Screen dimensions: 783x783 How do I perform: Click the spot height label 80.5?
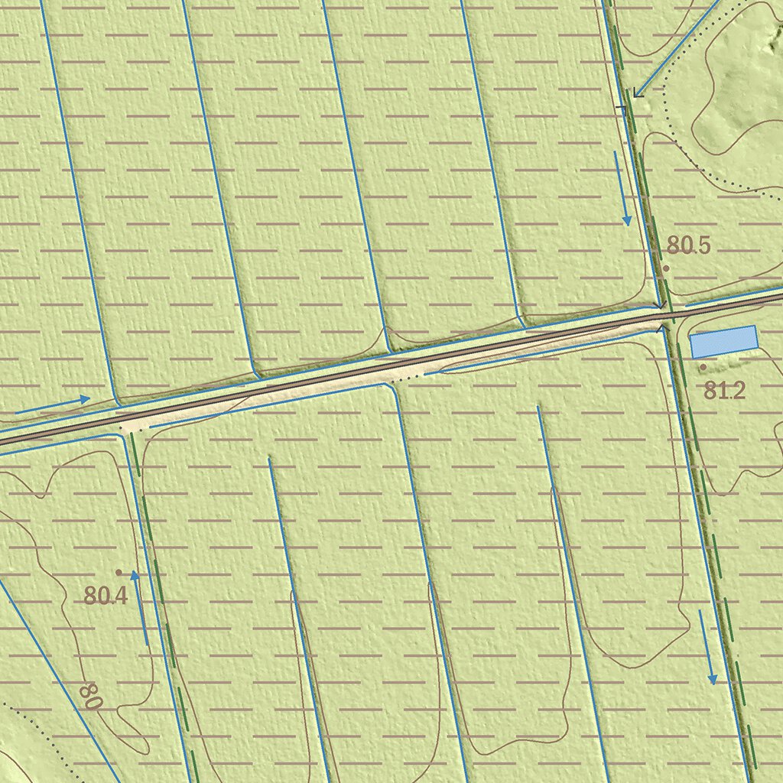pos(688,245)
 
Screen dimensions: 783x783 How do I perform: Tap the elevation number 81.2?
pos(723,391)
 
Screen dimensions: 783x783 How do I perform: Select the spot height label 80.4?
pos(106,595)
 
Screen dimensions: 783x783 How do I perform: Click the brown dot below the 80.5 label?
pos(666,268)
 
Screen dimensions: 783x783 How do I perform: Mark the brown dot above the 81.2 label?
pos(703,367)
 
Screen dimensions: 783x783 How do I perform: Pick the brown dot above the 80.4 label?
pos(119,572)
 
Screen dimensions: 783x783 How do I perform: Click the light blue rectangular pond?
pos(723,342)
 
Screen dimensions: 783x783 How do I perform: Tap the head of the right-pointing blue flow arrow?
pos(86,398)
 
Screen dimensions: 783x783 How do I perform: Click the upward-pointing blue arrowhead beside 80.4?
pos(135,575)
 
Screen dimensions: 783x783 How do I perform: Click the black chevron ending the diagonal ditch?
pos(636,93)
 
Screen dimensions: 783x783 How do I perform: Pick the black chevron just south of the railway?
pos(661,329)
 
